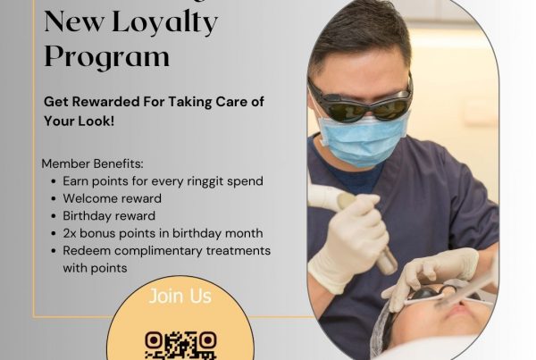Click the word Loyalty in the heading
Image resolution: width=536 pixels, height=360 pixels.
tap(165, 21)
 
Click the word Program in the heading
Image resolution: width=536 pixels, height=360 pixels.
tap(106, 55)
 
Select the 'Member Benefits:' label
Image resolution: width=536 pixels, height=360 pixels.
tap(91, 163)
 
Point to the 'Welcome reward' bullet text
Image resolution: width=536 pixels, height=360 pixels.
tap(112, 198)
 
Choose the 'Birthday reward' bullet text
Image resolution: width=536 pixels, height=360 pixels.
tap(109, 216)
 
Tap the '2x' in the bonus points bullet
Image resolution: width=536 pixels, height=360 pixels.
tap(71, 233)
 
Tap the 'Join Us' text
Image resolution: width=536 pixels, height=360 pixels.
tap(180, 296)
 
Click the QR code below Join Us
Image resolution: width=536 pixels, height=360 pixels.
tap(180, 345)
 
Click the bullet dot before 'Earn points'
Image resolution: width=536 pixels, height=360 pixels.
tap(54, 181)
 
